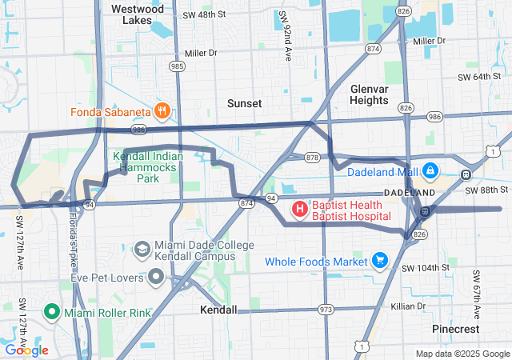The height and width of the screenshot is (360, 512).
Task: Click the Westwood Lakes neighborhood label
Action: click(138, 14)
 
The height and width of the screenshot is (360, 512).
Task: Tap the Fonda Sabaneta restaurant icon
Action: click(162, 110)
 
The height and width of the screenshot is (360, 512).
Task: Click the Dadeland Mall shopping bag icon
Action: click(430, 170)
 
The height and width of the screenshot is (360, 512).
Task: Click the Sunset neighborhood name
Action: click(244, 104)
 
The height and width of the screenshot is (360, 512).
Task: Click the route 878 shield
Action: click(312, 158)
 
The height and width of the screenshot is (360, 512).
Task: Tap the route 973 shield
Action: click(326, 310)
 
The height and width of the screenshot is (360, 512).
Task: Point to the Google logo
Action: click(26, 350)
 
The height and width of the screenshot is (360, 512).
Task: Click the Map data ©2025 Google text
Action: click(462, 354)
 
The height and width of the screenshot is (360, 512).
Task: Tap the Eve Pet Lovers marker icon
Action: click(155, 278)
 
